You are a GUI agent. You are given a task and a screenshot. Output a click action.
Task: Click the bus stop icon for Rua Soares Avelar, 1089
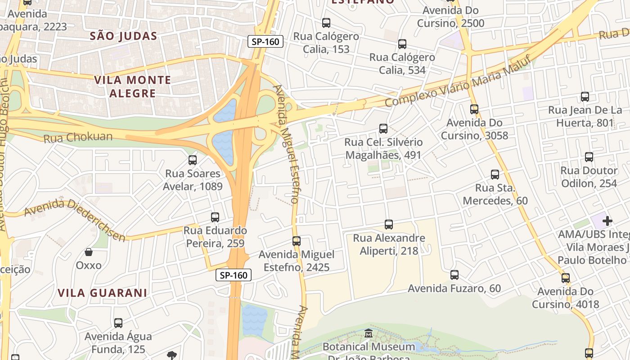click(x=193, y=160)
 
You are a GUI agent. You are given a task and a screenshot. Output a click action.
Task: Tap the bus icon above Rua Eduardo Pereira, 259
click(x=215, y=217)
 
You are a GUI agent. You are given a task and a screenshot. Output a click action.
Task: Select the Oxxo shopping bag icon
click(x=89, y=252)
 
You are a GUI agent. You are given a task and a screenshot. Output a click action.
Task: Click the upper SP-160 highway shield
click(x=265, y=42)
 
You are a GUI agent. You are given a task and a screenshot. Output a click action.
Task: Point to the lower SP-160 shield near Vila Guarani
click(x=234, y=275)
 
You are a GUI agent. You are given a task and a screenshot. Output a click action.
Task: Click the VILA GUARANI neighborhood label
click(x=102, y=293)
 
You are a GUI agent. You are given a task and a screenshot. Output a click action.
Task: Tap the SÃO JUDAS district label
click(x=123, y=36)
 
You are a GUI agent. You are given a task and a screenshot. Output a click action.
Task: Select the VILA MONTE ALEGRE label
click(x=132, y=87)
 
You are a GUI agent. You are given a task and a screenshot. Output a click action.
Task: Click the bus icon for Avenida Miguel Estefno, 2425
click(x=296, y=241)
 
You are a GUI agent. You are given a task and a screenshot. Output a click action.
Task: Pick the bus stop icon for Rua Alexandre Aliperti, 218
click(x=389, y=224)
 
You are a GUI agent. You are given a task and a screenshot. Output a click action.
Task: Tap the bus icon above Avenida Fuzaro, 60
click(x=454, y=274)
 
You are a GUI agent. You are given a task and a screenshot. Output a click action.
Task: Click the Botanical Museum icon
click(x=369, y=333)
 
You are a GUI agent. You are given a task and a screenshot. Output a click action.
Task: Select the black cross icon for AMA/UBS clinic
click(x=607, y=221)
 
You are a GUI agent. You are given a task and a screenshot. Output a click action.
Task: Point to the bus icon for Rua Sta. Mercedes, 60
click(x=495, y=174)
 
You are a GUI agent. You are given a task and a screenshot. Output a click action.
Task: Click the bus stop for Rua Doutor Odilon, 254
click(x=589, y=157)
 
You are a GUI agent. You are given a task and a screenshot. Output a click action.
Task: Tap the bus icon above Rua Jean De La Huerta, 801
click(x=585, y=96)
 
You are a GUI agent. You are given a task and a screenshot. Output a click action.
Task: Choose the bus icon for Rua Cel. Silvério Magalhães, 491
click(x=383, y=128)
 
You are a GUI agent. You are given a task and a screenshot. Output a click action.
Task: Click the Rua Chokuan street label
click(x=78, y=137)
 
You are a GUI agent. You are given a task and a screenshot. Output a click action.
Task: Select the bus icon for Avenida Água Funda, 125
click(x=118, y=323)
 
